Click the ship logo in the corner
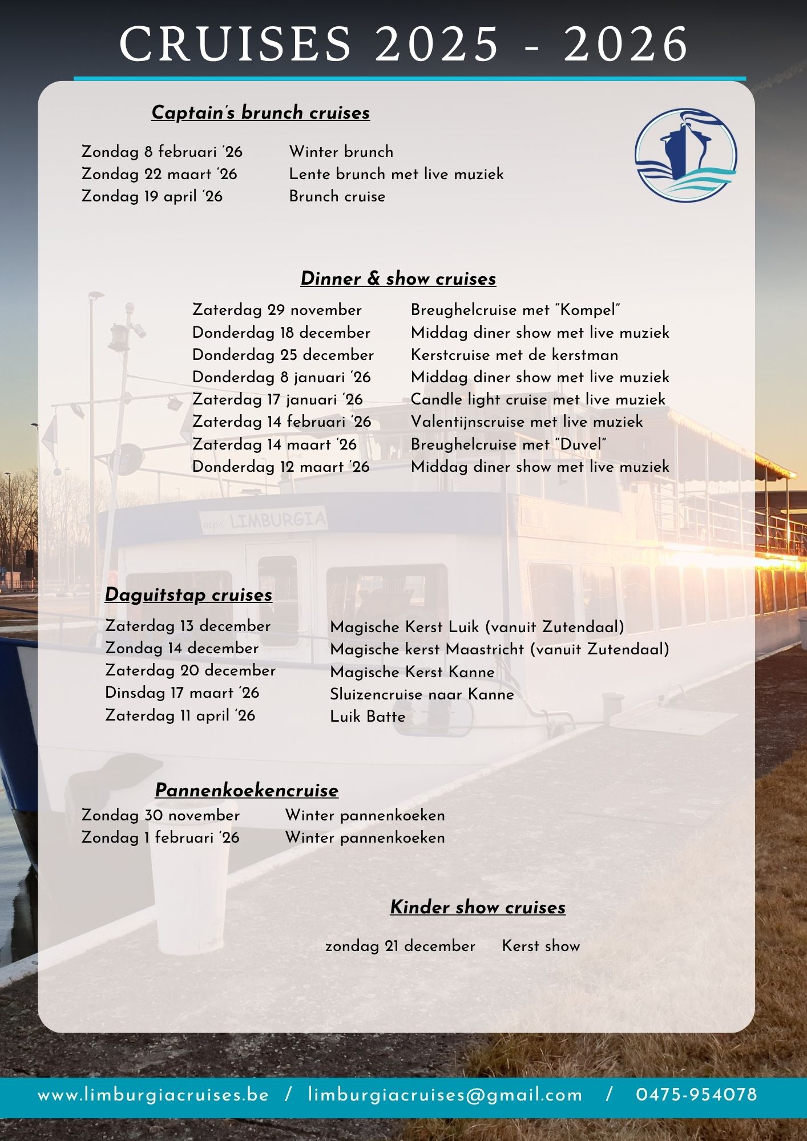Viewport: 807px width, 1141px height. click(x=685, y=155)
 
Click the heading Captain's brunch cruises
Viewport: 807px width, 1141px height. click(x=260, y=112)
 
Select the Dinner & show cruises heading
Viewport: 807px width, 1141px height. click(x=398, y=278)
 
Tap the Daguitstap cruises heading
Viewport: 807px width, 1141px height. click(x=188, y=594)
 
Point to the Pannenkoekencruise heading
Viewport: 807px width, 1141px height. click(x=247, y=790)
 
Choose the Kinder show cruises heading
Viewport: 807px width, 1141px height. click(x=478, y=907)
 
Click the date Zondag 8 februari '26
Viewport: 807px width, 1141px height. click(x=162, y=152)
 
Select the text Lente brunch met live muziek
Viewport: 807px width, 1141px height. click(x=396, y=174)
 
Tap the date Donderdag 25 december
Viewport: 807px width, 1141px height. click(x=283, y=355)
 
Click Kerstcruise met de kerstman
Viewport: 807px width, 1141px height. click(x=514, y=355)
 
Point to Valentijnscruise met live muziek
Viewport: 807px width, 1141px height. click(x=526, y=422)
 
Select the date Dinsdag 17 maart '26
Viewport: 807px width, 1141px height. click(x=182, y=693)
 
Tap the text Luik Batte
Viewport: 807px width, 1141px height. click(x=368, y=717)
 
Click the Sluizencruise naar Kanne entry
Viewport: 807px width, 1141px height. click(x=422, y=694)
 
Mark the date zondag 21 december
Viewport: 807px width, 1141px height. click(x=400, y=946)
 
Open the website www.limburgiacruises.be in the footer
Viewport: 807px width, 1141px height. click(x=153, y=1095)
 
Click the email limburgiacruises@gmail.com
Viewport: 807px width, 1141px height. click(x=445, y=1095)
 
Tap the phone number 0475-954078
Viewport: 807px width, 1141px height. click(x=696, y=1095)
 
